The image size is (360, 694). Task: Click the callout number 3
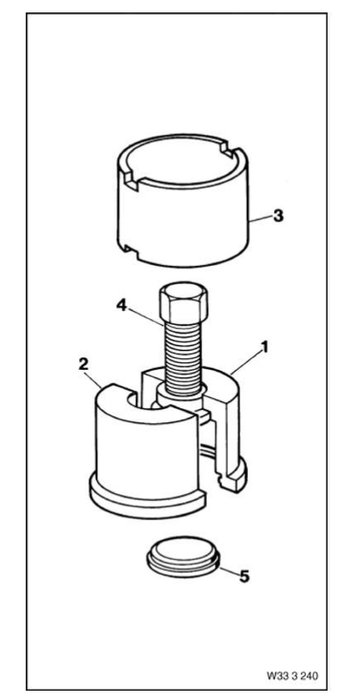click(278, 216)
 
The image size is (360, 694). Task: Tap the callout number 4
click(121, 305)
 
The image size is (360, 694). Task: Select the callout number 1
click(264, 347)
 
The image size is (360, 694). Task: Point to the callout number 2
click(83, 364)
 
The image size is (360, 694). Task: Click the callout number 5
click(244, 576)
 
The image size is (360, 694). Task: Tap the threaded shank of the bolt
click(183, 357)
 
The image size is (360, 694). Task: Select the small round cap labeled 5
click(183, 557)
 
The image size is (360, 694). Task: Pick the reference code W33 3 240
click(293, 676)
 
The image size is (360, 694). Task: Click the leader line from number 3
click(260, 218)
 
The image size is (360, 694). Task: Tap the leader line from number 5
click(229, 571)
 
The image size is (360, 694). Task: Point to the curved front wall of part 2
click(146, 447)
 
